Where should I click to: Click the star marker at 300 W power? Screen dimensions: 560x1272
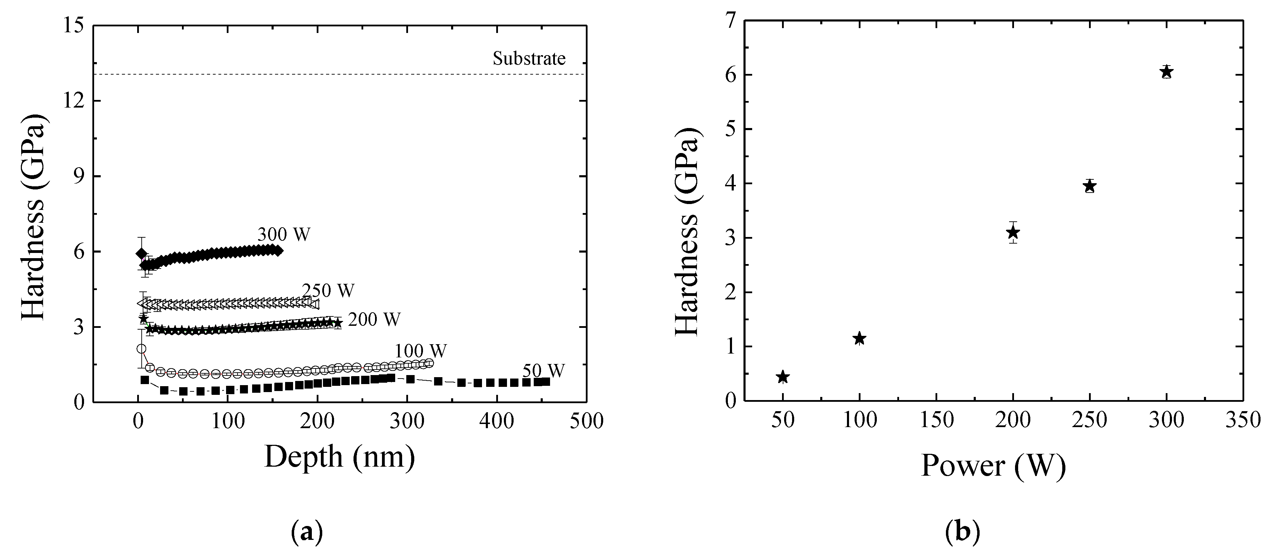[x=1166, y=72]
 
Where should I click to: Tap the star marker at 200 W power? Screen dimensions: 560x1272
[x=1013, y=232]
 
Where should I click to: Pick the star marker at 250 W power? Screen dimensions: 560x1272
[x=1090, y=186]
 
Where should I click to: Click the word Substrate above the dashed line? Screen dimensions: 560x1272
[x=529, y=59]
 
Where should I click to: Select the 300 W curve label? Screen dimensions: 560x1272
[x=284, y=234]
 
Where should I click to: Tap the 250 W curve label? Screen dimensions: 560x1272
[x=329, y=291]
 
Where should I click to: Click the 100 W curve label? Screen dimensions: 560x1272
[x=420, y=351]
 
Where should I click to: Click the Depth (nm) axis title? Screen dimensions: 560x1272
[x=340, y=456]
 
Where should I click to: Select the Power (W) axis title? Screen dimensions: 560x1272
[x=993, y=465]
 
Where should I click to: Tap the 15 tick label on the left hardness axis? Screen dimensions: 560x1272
[x=73, y=26]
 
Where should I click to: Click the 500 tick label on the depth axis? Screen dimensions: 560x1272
[x=587, y=422]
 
